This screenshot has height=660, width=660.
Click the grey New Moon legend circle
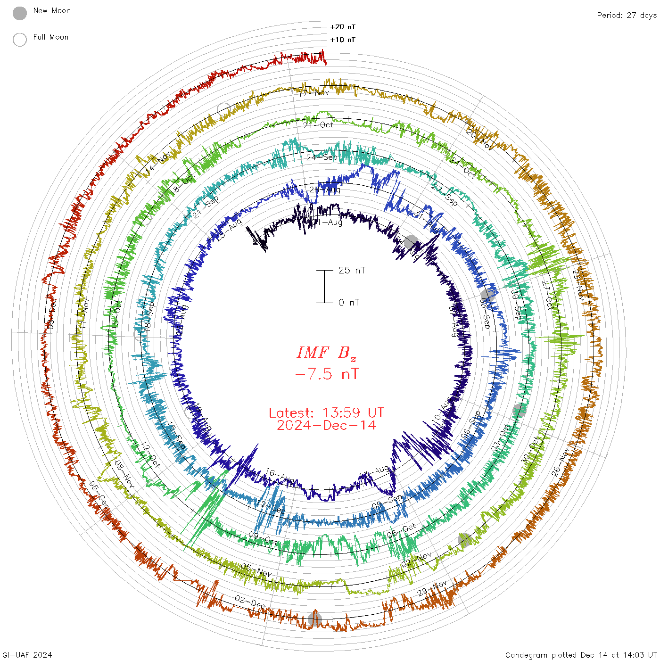pos(20,13)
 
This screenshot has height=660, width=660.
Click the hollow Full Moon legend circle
pos(20,40)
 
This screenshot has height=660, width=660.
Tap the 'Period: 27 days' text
pos(627,16)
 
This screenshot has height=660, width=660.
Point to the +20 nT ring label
pos(342,27)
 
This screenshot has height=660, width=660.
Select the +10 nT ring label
pos(342,40)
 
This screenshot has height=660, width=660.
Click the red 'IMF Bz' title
pos(326,353)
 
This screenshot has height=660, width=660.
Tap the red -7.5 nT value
pos(326,374)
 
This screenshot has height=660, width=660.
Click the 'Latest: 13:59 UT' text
pos(326,413)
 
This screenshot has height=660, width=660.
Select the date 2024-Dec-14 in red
pos(326,425)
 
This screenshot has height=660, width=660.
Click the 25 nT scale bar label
pos(352,270)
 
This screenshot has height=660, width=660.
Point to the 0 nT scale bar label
pos(349,303)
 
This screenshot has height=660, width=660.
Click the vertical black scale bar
pos(324,287)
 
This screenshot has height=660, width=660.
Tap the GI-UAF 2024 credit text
pos(26,655)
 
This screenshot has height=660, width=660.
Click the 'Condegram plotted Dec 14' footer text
pos(581,655)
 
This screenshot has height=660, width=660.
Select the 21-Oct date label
pos(318,125)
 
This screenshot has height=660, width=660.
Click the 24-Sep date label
pos(322,157)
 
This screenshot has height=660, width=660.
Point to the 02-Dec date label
pos(250,602)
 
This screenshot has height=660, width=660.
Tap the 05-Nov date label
pos(256,570)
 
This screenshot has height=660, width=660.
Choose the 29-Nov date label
pos(432,588)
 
